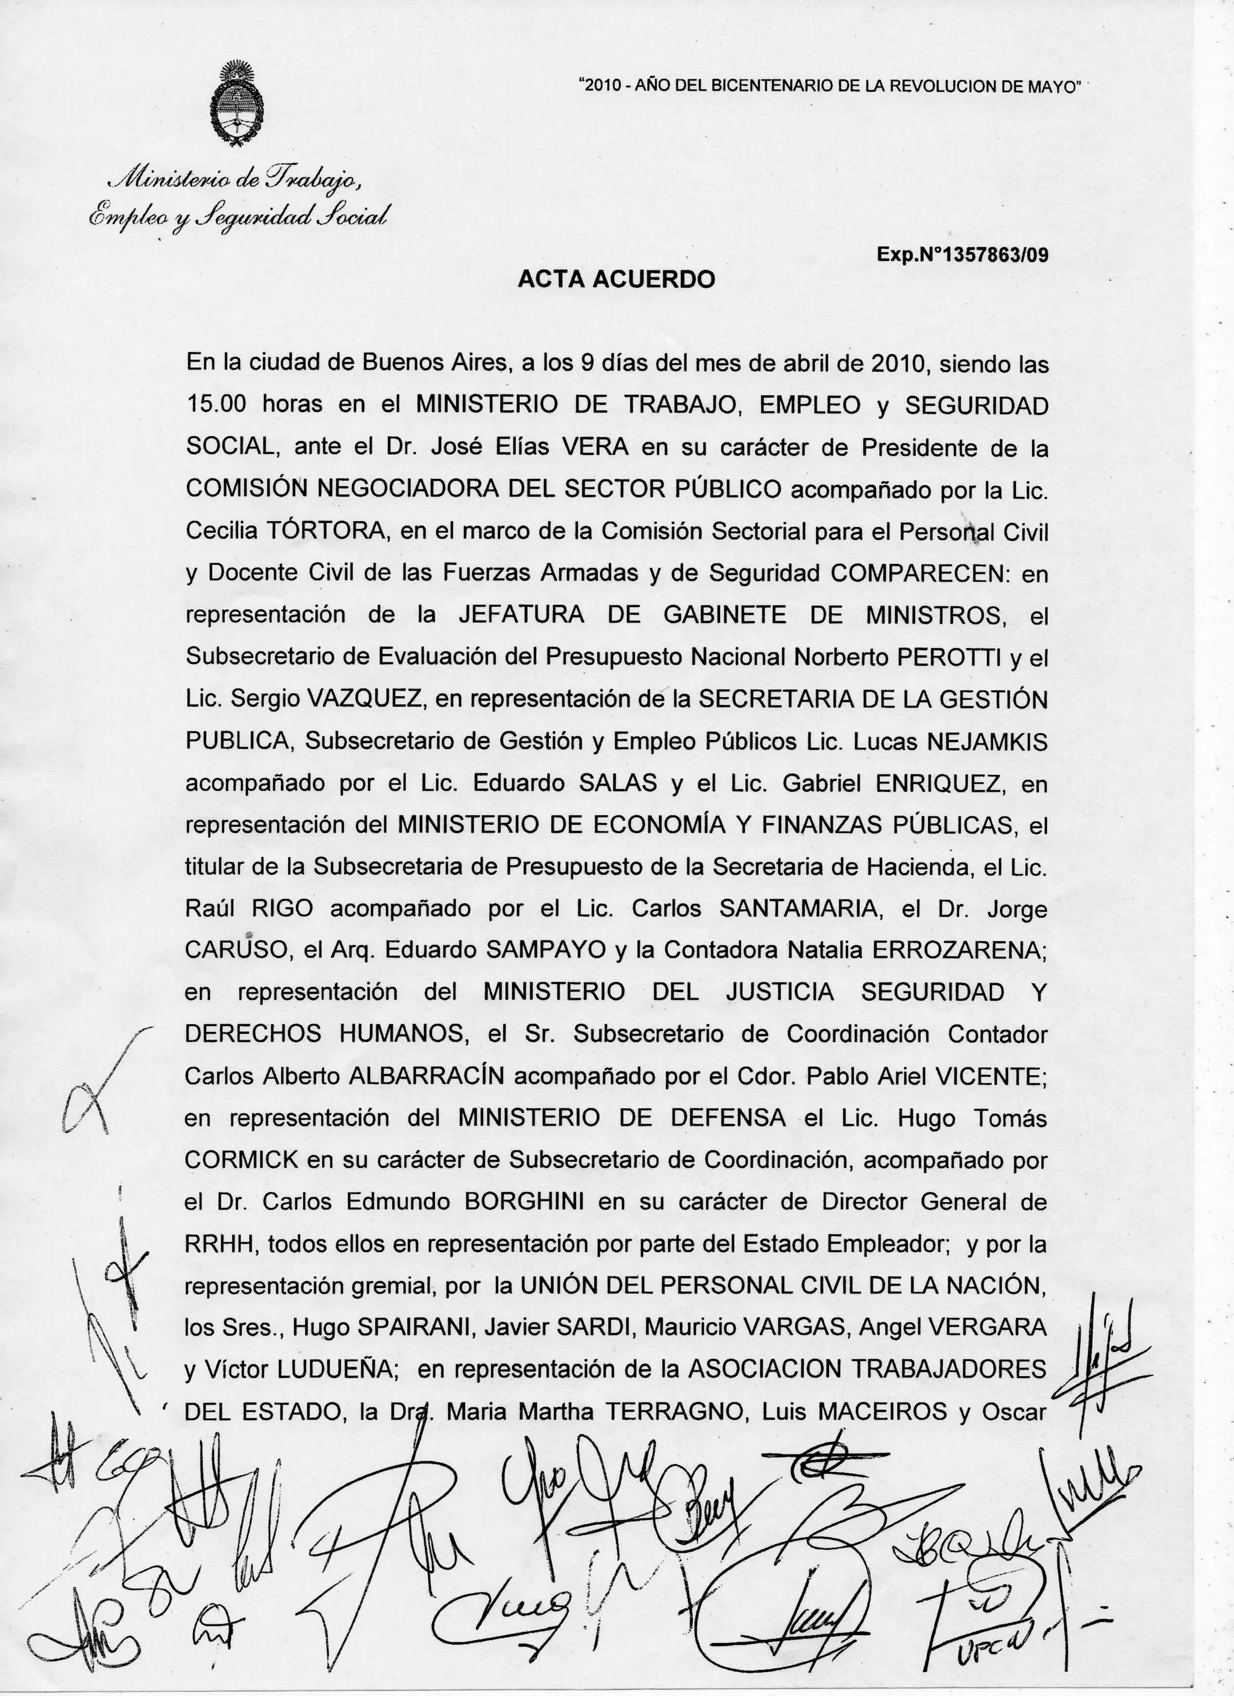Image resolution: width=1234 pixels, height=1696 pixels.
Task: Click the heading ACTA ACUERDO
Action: point(616,279)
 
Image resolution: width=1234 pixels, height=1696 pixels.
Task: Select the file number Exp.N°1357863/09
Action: point(962,255)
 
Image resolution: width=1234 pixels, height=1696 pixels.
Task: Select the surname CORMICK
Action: point(242,1159)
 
